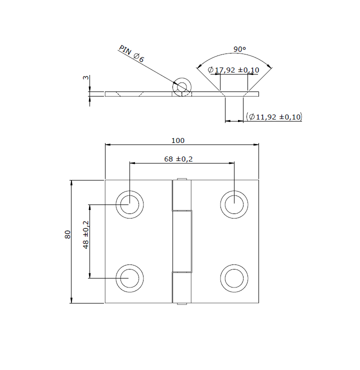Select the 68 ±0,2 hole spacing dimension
[x=178, y=159]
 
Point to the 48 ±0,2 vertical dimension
[x=86, y=234]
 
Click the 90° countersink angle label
[x=239, y=49]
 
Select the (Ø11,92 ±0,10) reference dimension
[x=274, y=117]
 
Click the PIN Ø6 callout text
[x=131, y=54]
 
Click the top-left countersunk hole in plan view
[x=129, y=203]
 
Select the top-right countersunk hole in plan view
[x=234, y=203]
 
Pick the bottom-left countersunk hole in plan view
[x=129, y=277]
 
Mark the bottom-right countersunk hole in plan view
[x=234, y=277]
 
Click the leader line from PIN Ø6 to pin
[x=155, y=70]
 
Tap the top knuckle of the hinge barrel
[x=181, y=195]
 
